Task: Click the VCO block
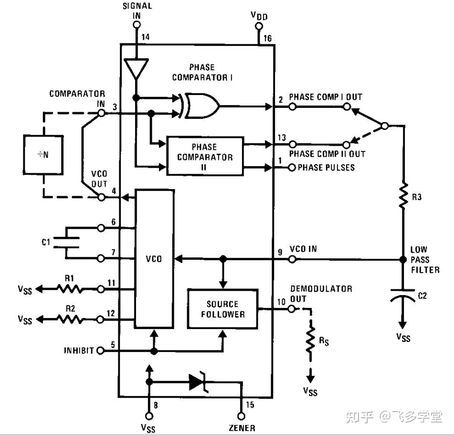154,259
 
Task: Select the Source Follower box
222,308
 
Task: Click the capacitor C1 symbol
66,243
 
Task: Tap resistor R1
70,289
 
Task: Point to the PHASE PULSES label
326,168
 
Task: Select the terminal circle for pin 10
292,308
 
